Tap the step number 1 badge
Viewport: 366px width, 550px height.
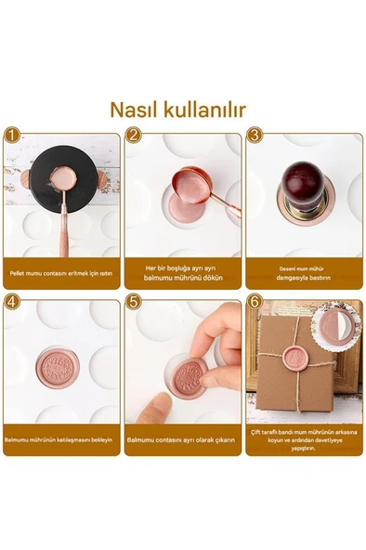pyautogui.click(x=10, y=136)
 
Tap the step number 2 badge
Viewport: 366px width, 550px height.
pyautogui.click(x=133, y=136)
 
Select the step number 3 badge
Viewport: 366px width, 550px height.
pyautogui.click(x=254, y=136)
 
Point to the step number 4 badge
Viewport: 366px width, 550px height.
pyautogui.click(x=10, y=302)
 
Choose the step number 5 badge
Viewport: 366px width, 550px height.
pyautogui.click(x=133, y=302)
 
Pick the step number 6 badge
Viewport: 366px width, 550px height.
pyautogui.click(x=254, y=302)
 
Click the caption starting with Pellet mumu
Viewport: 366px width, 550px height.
pyautogui.click(x=61, y=273)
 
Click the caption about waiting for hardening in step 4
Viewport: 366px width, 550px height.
pyautogui.click(x=61, y=439)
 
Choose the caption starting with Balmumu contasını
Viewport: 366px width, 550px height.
pyautogui.click(x=183, y=439)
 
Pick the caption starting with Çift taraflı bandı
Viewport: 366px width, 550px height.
pyautogui.click(x=304, y=439)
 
